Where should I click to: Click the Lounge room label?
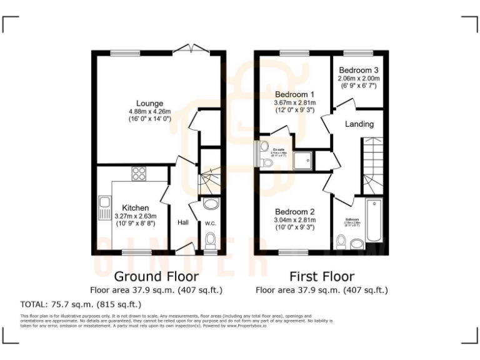click(150, 103)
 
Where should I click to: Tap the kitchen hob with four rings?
click(139, 174)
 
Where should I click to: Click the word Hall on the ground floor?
click(183, 222)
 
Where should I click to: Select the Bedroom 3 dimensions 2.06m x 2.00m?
click(359, 79)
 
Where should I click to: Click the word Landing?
click(359, 124)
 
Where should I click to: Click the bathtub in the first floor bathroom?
click(374, 220)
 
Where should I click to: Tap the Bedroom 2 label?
click(295, 212)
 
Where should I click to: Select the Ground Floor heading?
click(156, 276)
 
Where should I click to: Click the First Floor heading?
click(322, 276)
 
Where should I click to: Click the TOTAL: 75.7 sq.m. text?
click(81, 304)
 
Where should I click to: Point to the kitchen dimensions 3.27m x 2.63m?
click(135, 216)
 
